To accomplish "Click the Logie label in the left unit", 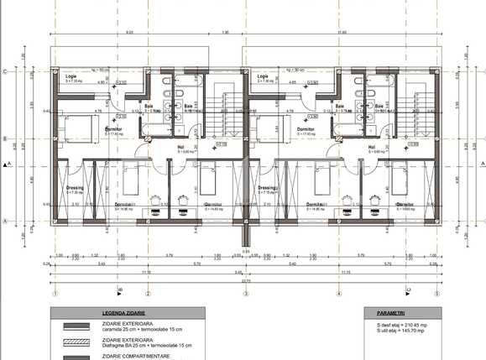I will click(x=71, y=76).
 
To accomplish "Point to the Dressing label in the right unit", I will click(x=268, y=188).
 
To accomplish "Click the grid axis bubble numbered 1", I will click(x=55, y=294).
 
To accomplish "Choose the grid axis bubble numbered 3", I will click(x=246, y=294).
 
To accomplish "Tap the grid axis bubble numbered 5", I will click(x=436, y=294).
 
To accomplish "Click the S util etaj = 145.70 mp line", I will click(x=395, y=331).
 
